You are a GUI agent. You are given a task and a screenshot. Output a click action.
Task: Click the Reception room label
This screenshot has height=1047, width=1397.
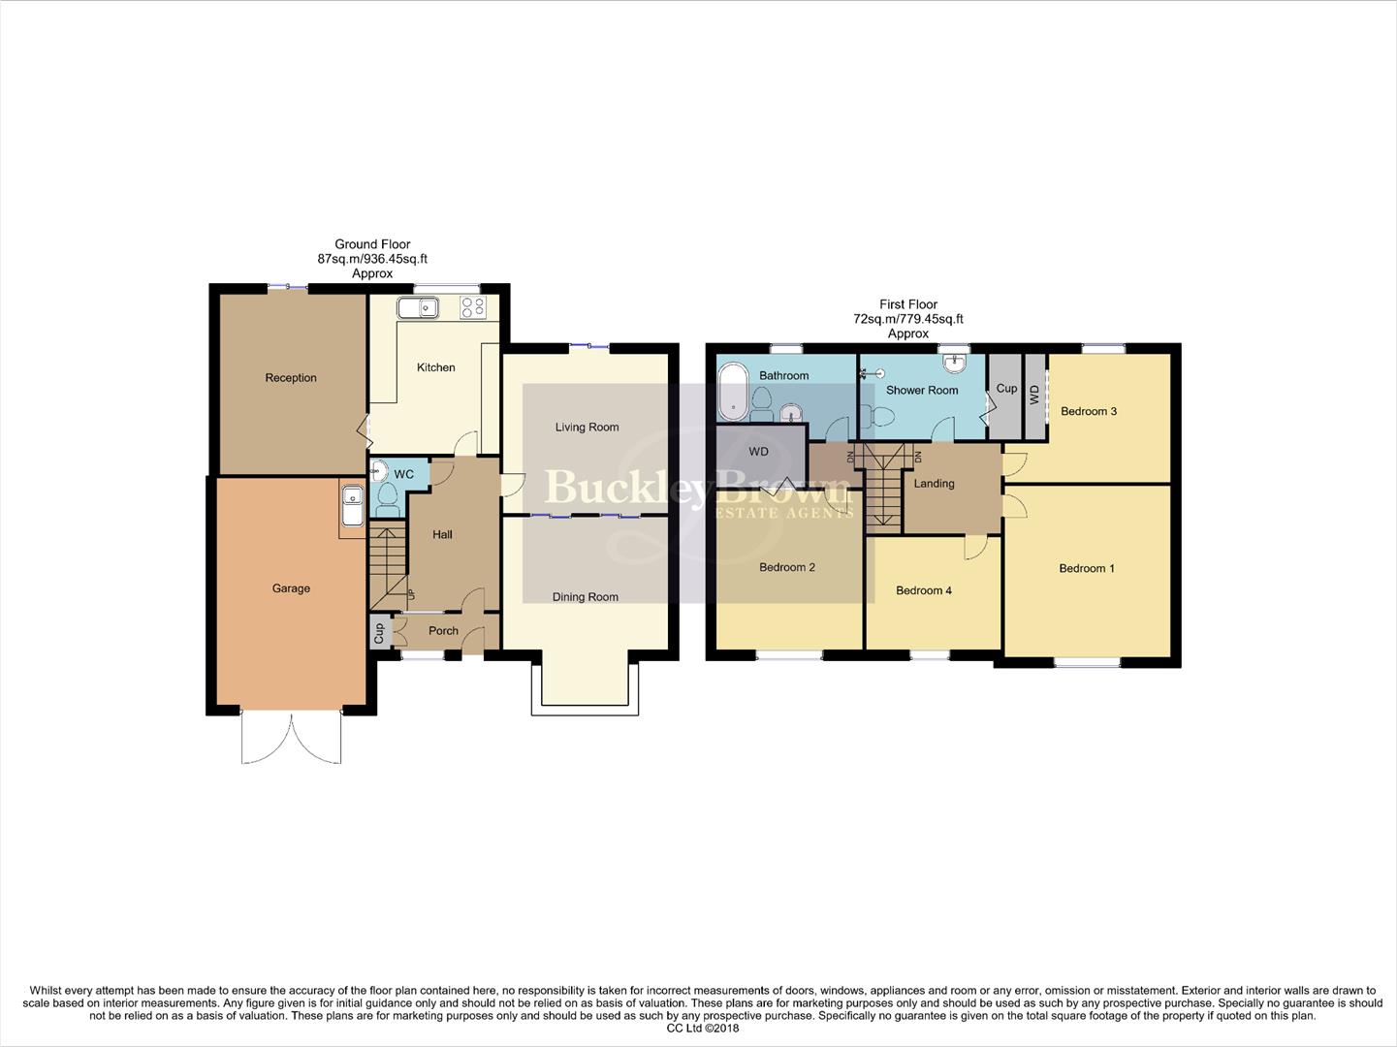[291, 378]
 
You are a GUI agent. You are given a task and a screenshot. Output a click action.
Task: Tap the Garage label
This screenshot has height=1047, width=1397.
[291, 588]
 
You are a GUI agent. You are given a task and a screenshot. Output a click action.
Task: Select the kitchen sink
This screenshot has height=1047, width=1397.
[418, 308]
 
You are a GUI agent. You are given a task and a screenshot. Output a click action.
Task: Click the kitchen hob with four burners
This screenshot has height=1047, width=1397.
[472, 308]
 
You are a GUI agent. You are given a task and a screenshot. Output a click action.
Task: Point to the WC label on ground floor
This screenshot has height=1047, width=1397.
[403, 474]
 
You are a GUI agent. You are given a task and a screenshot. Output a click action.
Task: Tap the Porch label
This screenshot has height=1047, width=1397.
[443, 631]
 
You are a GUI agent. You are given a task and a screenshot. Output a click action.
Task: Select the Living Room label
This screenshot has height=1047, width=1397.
[587, 428]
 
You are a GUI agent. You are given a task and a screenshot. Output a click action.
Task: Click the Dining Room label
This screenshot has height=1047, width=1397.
[585, 597]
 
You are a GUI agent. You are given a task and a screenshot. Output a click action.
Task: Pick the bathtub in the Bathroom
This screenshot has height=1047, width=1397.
[732, 393]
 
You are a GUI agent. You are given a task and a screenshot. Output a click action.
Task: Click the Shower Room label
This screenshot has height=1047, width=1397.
[922, 391]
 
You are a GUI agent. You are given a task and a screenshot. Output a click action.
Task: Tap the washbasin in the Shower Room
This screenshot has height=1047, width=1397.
[955, 362]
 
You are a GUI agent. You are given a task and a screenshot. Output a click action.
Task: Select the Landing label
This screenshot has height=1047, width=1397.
[934, 484]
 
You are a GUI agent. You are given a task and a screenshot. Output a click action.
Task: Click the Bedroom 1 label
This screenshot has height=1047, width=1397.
[1086, 569]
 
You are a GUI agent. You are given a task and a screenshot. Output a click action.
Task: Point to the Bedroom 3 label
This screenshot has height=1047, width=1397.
[1088, 412]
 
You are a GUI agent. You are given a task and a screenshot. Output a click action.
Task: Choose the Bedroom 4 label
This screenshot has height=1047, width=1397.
[923, 590]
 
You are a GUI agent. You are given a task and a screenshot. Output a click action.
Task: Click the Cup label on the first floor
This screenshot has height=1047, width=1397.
[1006, 389]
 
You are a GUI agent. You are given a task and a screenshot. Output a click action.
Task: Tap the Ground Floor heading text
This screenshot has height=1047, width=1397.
[372, 245]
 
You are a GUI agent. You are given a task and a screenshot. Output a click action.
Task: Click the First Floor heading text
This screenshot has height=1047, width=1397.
[908, 304]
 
